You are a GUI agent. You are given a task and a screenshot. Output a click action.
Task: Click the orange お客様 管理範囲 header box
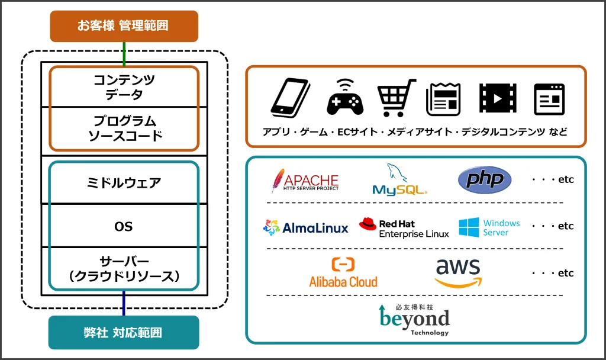[x=124, y=26]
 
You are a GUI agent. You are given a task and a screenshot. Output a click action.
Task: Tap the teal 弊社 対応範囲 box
[x=124, y=332]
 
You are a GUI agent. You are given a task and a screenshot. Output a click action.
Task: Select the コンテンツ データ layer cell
[x=124, y=86]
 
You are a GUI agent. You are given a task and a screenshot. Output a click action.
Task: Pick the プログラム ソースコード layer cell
[x=124, y=128]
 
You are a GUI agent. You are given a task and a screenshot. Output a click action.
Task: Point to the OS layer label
[x=124, y=226]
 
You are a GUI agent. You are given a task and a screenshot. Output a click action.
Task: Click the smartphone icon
[x=291, y=97]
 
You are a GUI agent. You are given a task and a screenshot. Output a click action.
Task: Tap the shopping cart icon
[x=395, y=98]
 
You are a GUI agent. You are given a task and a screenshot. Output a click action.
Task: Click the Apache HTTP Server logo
[x=304, y=181]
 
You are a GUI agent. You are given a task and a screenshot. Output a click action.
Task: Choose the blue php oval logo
[x=485, y=179]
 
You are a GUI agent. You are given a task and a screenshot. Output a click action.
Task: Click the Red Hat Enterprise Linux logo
[x=404, y=228]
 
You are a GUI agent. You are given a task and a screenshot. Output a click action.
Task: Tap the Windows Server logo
[x=489, y=227]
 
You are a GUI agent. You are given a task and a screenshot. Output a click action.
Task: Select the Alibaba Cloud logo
[x=343, y=273]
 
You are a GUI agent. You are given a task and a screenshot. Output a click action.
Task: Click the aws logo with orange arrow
[x=457, y=272]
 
